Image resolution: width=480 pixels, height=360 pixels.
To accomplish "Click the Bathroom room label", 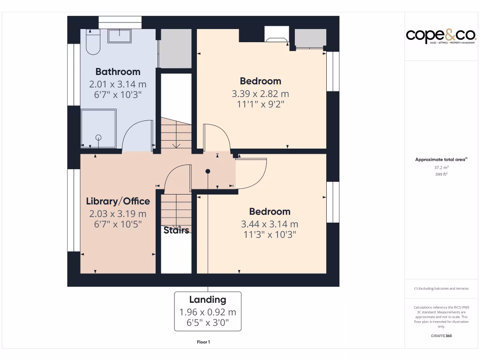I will (118, 72).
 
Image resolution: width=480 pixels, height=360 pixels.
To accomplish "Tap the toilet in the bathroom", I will (93, 42).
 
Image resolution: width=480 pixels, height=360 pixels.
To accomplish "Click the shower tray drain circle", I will (98, 137).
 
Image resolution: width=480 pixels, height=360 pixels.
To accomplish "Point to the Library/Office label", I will (118, 201).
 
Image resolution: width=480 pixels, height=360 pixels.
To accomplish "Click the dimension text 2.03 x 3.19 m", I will (118, 214).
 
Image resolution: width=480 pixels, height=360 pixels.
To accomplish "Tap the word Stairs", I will (176, 230).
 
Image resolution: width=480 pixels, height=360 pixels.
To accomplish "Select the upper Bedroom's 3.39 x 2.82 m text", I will (260, 94).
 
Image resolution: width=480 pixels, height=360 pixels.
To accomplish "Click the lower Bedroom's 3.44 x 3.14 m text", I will (269, 224).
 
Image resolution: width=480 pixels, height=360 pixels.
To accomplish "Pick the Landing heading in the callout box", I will (208, 300).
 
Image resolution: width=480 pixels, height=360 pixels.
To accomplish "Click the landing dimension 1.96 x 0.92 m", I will (208, 312).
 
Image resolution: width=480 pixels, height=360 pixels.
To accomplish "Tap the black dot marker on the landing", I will (208, 172).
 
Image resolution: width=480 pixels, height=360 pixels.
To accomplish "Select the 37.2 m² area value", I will (441, 167).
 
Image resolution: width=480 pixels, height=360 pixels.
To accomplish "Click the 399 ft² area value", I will (441, 174).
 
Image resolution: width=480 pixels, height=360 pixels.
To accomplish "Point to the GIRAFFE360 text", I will (441, 336).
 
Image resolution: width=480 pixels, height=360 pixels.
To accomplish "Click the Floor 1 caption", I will (203, 342).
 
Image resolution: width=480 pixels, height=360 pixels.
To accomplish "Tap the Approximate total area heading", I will (441, 159).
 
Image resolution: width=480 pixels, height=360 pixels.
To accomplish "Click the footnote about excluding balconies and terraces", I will (441, 289).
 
